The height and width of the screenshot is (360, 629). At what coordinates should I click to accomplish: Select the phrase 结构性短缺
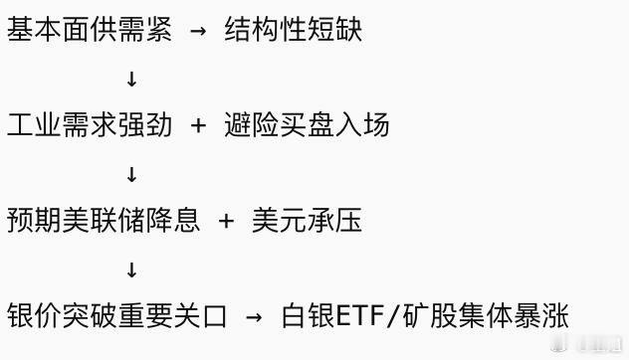pos(294,30)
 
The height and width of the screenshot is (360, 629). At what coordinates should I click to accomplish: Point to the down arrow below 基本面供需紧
pos(131,79)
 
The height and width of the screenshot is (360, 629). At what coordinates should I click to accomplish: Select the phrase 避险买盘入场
pos(307,125)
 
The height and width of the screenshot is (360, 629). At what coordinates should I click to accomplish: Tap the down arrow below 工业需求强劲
pos(131,174)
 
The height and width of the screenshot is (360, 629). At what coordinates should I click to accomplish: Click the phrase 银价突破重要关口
pos(116,316)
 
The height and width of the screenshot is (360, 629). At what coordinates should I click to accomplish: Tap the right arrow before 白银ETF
pos(254,317)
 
